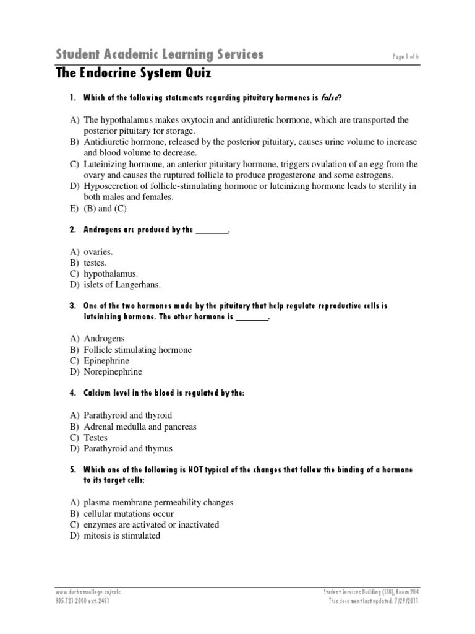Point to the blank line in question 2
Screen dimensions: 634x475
click(x=212, y=230)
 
